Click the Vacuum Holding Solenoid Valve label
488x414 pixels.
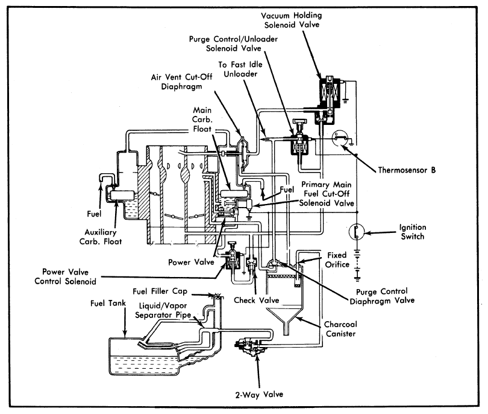tap(292, 20)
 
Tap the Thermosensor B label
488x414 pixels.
tap(407, 170)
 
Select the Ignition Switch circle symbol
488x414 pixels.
tap(357, 232)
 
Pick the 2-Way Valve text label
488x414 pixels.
tap(259, 395)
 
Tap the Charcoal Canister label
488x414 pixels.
tap(340, 329)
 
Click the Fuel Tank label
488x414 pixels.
tap(108, 303)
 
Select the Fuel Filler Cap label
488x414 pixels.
tap(160, 291)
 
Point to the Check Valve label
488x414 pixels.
tap(257, 300)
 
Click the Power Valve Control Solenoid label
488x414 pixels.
tap(65, 276)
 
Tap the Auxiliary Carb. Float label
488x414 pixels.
tap(101, 237)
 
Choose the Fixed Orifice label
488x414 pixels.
tap(337, 260)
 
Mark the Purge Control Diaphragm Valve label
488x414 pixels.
tap(382, 296)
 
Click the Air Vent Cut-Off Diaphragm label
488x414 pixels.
tap(181, 81)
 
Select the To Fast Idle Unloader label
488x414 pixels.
tap(240, 69)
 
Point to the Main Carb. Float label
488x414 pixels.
tap(202, 119)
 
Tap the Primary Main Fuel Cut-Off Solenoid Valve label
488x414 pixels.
tap(327, 194)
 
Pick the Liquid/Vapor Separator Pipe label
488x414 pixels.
tap(163, 310)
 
